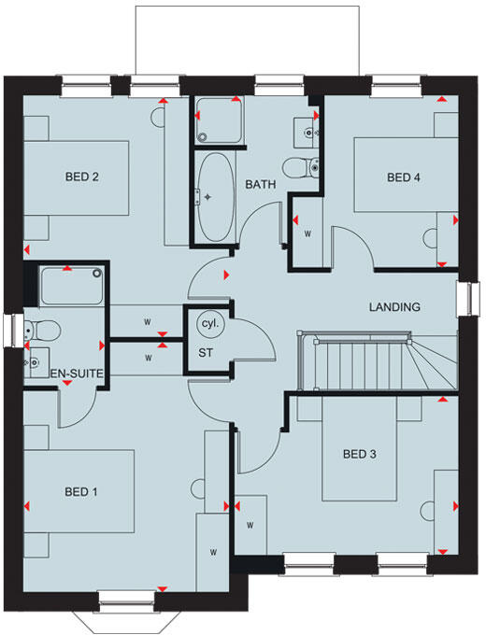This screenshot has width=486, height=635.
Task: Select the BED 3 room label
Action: pyautogui.click(x=359, y=455)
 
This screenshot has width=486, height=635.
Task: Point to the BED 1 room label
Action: pyautogui.click(x=81, y=492)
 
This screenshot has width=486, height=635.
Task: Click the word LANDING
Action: pyautogui.click(x=394, y=306)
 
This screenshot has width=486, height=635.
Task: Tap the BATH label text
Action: pyautogui.click(x=261, y=185)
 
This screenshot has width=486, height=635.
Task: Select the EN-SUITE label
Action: pyautogui.click(x=76, y=374)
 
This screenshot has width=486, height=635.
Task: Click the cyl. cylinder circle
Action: pyautogui.click(x=208, y=323)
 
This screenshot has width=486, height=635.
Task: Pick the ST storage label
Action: pyautogui.click(x=207, y=352)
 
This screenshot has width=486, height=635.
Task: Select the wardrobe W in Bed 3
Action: pyautogui.click(x=250, y=525)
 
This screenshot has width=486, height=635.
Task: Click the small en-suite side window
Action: pyautogui.click(x=12, y=332)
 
